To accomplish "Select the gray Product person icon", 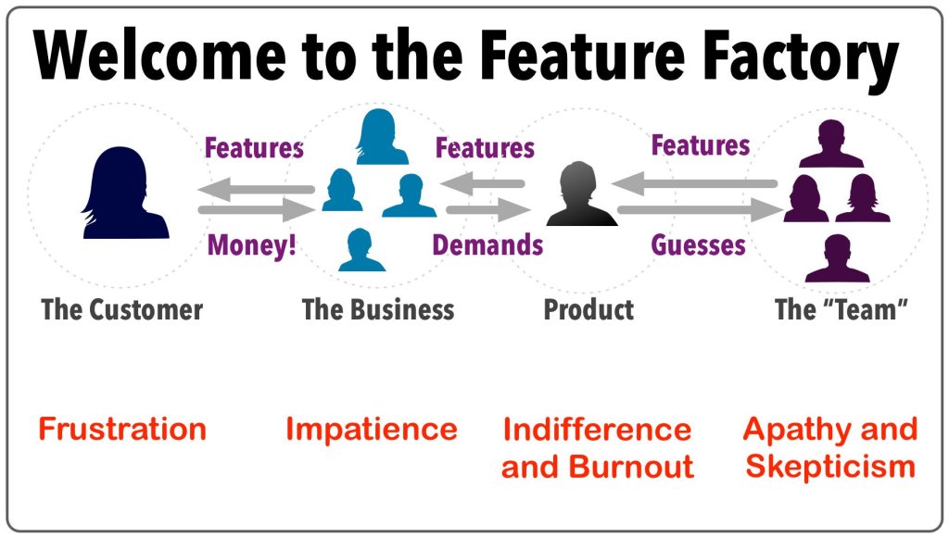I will [581, 194].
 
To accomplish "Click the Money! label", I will [252, 245].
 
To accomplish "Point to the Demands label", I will [488, 245].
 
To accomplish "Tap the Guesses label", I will [698, 245].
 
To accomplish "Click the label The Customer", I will [122, 309].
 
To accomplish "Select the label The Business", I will [378, 309].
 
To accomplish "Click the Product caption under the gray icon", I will [588, 309].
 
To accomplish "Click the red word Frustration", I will [122, 430].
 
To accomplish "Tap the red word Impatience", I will [371, 430].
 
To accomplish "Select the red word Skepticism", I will [830, 466].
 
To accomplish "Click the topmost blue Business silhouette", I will [378, 137].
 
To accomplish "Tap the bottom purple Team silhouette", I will [837, 258].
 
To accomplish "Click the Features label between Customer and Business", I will [254, 148].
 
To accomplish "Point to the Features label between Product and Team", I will [701, 146].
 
